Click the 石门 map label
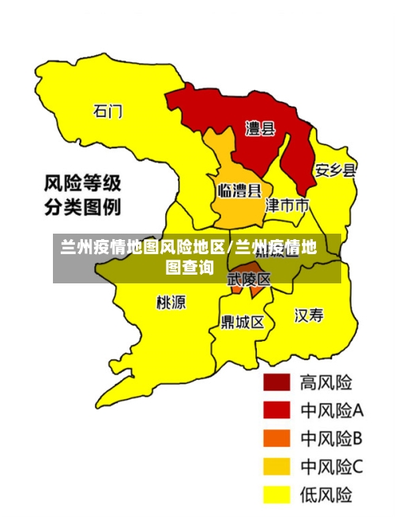[108, 111]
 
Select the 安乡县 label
[336, 170]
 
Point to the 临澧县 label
[239, 190]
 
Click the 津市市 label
[287, 205]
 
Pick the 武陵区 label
[249, 279]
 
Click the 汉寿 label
[309, 316]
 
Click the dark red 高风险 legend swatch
[276, 383]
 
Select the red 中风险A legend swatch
[276, 410]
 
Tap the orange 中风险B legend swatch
[276, 438]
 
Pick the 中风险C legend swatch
[276, 466]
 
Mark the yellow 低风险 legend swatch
[276, 494]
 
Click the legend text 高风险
[325, 383]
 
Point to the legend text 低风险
[325, 495]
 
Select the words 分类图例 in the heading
[82, 208]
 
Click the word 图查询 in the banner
[189, 268]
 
